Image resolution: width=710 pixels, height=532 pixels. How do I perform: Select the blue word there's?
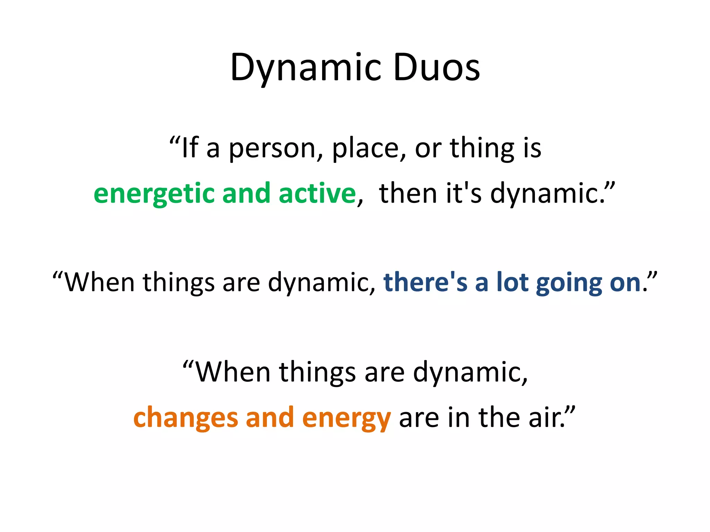coord(425,282)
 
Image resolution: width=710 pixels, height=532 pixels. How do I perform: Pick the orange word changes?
coord(185,418)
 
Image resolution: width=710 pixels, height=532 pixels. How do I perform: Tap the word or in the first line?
coord(428,149)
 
